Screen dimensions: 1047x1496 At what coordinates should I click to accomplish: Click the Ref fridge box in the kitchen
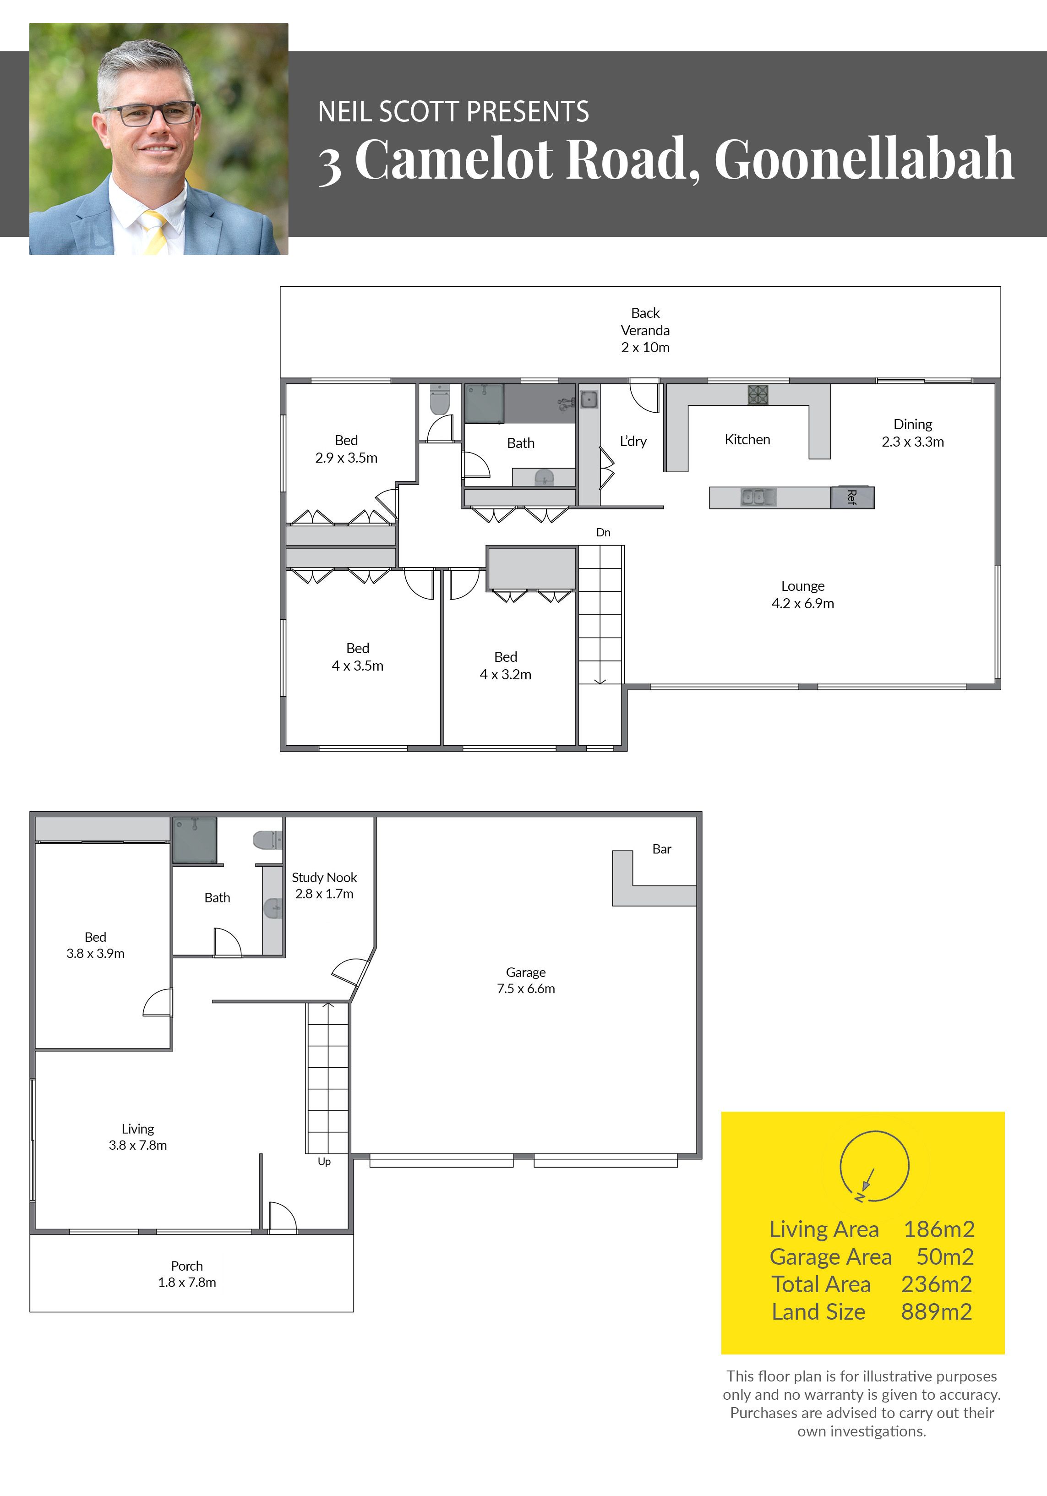(852, 497)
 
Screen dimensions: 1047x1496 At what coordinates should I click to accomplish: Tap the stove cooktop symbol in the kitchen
(758, 394)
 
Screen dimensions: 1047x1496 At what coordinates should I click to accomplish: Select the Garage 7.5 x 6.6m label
(526, 980)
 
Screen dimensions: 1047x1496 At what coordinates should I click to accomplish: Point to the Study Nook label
(324, 877)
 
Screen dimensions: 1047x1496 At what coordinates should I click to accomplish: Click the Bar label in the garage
(661, 848)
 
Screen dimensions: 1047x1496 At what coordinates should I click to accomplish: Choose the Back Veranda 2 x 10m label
(645, 330)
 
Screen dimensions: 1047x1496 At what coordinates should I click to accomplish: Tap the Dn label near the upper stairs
(603, 532)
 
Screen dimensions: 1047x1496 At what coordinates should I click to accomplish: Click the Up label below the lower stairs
(324, 1161)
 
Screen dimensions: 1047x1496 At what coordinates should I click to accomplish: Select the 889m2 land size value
(936, 1311)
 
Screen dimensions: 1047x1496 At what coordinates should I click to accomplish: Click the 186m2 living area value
(939, 1229)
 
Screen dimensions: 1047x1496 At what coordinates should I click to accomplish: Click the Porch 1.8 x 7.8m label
(187, 1274)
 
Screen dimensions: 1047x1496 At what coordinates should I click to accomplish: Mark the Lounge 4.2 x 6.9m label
(803, 594)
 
